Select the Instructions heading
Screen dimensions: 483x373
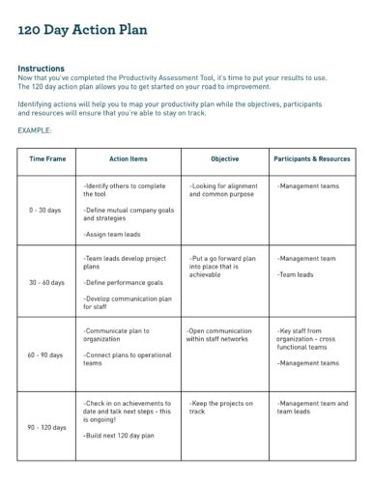(x=42, y=69)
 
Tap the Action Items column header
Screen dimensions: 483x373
(x=128, y=158)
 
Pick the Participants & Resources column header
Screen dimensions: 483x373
(x=312, y=158)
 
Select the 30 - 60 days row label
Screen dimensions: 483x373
(x=46, y=283)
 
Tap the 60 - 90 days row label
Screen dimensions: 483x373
(x=46, y=355)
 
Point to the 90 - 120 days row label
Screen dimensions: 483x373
(x=46, y=426)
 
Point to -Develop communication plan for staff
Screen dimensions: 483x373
(x=128, y=302)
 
